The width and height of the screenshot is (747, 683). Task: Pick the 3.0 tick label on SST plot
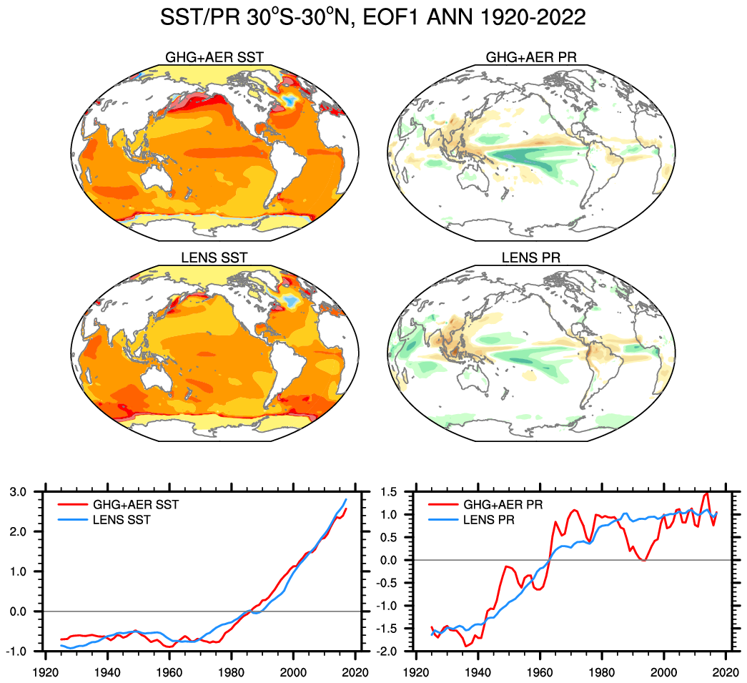[x=24, y=492]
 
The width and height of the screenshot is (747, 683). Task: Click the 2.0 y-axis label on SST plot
[x=24, y=532]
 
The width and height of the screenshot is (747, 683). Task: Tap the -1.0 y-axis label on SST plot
[x=21, y=652]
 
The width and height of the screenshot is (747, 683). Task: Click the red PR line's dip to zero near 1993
[x=643, y=560]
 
